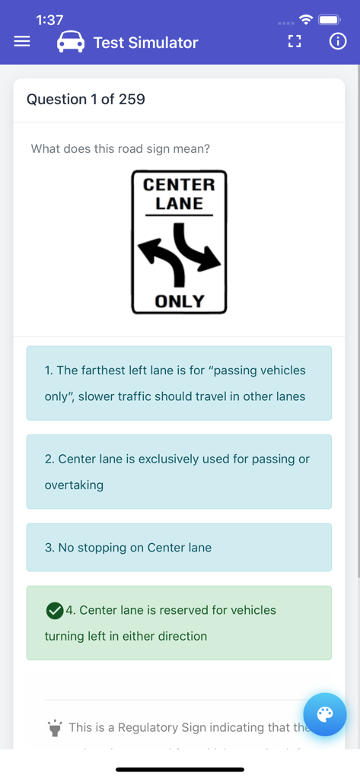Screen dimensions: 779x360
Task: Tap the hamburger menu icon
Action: (x=22, y=42)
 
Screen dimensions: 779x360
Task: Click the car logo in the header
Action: (x=71, y=42)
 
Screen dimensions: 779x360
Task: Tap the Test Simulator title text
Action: (x=145, y=43)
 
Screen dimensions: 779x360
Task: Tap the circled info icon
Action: (x=337, y=42)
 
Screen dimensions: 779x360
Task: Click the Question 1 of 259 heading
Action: (x=86, y=99)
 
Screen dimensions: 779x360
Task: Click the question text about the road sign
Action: (x=120, y=149)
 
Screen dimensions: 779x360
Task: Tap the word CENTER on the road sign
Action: (x=179, y=185)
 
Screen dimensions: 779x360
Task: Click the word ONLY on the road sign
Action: (x=180, y=301)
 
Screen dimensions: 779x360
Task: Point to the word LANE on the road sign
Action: (x=179, y=204)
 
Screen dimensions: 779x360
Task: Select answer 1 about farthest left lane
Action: (x=179, y=383)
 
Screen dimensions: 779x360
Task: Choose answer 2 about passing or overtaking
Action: (x=179, y=472)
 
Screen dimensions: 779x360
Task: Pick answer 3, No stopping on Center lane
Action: (x=179, y=547)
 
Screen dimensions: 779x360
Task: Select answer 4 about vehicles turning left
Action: (x=179, y=622)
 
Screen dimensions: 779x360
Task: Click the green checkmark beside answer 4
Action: (x=55, y=610)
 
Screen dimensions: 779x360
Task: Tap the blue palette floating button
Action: (x=325, y=714)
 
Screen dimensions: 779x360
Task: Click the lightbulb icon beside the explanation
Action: (x=55, y=728)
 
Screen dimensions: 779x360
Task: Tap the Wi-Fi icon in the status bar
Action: (x=305, y=20)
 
